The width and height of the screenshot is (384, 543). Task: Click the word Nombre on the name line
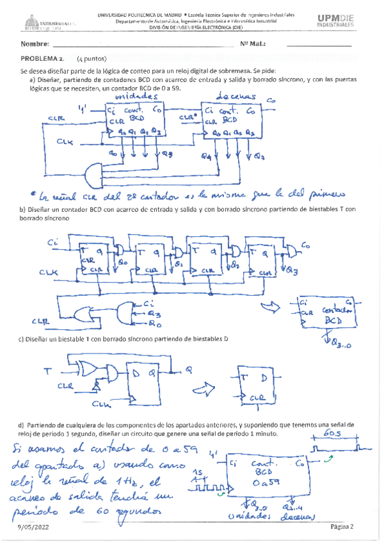35,44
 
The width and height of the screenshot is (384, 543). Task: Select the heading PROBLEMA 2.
42,58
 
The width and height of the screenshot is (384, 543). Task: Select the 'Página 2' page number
342,526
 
